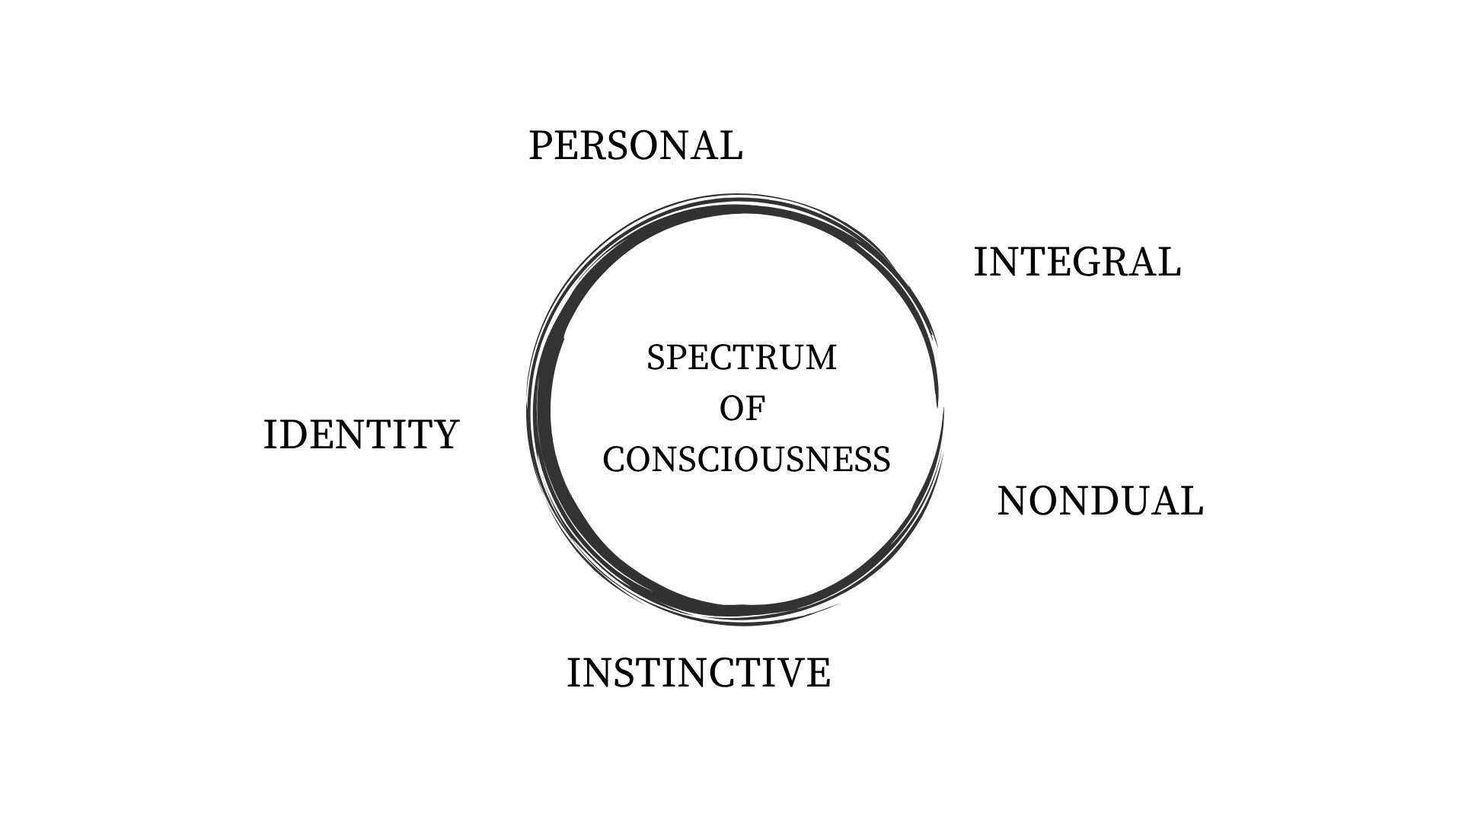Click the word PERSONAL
(x=635, y=145)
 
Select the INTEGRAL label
(x=1077, y=263)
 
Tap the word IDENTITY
(x=361, y=435)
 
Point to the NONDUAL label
(x=1100, y=502)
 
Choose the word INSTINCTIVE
(x=698, y=673)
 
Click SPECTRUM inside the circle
(x=742, y=358)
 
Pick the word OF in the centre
(x=742, y=409)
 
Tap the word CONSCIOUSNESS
(x=746, y=459)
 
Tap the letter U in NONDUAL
(x=1135, y=502)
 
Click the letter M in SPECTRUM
(x=821, y=358)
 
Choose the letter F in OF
(x=755, y=409)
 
